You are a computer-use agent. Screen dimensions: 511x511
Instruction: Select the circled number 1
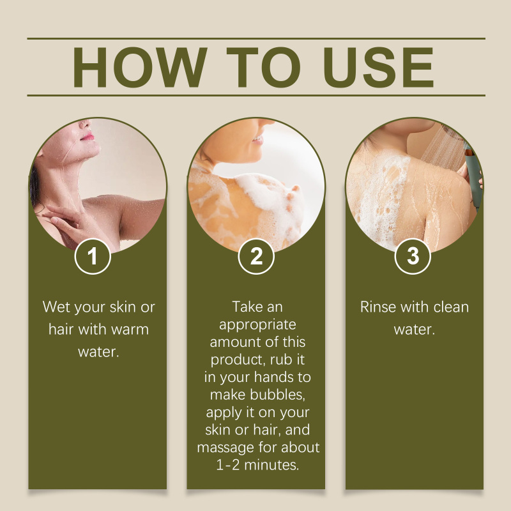coord(93,256)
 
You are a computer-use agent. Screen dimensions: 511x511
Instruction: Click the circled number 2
coord(256,256)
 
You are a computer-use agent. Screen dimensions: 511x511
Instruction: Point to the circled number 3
coord(413,256)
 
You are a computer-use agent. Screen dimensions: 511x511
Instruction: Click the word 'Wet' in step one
coord(56,307)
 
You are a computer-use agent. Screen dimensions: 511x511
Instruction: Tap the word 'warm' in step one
coord(130,330)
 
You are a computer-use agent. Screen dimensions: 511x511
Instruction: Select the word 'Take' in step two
coord(244,307)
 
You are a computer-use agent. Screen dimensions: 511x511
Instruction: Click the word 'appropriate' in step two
coord(257,325)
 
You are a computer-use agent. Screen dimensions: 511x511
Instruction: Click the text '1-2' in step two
coord(228,465)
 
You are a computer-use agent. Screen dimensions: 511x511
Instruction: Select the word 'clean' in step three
coord(451,307)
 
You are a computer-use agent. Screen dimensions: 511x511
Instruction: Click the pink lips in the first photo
coord(88,137)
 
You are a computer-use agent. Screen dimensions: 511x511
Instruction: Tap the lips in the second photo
coord(258,140)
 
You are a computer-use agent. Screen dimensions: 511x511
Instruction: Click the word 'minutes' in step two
coord(271,465)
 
